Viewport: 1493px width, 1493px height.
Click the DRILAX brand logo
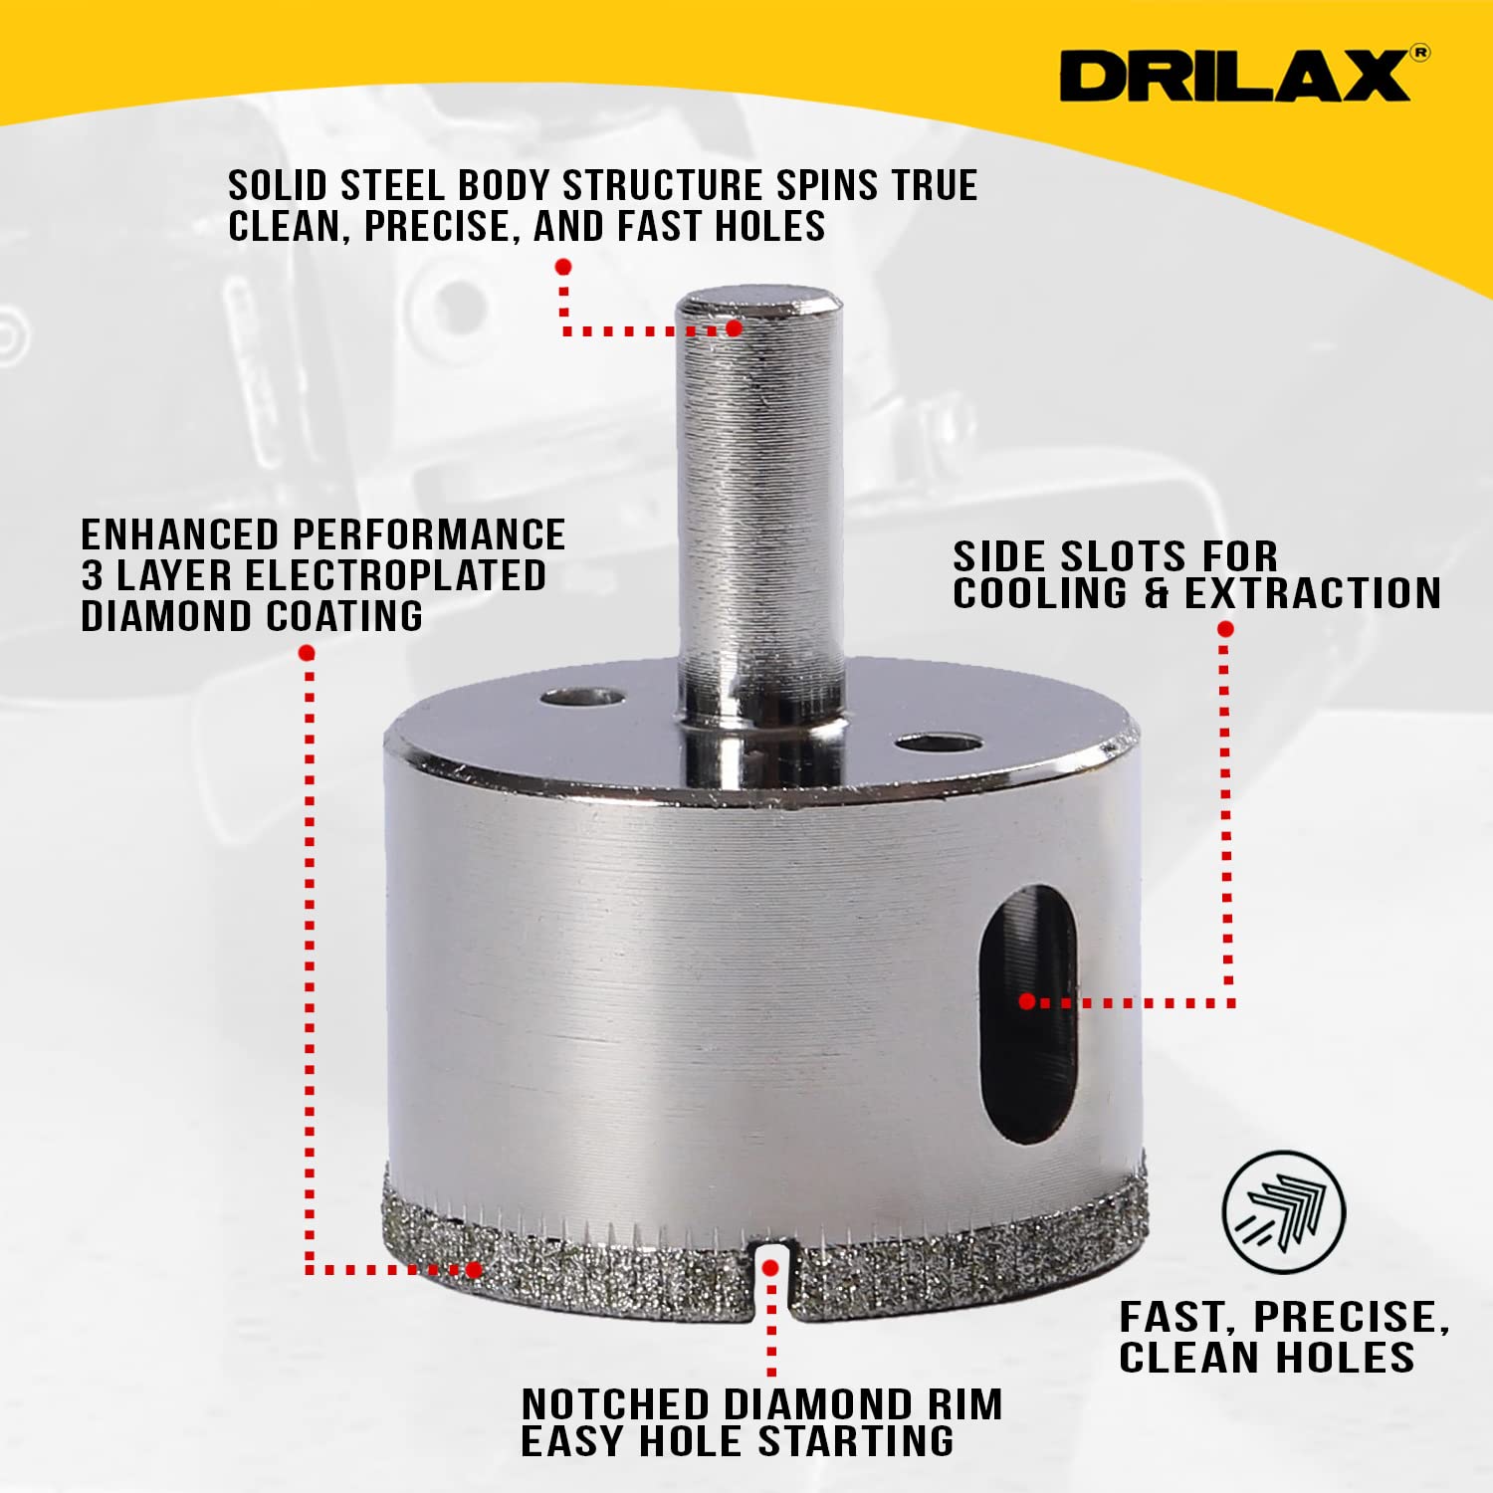click(x=1234, y=76)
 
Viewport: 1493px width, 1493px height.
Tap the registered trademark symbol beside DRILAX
click(x=1420, y=53)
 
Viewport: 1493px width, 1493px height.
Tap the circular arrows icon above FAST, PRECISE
click(x=1283, y=1212)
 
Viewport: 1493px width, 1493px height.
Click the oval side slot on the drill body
click(x=1027, y=1013)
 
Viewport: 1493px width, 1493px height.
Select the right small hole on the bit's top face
click(x=937, y=743)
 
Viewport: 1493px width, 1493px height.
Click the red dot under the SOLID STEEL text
click(x=563, y=267)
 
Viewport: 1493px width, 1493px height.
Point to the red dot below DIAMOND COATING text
click(x=307, y=653)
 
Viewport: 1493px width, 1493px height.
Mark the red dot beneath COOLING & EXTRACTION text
click(x=1225, y=629)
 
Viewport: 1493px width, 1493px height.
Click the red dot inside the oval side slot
click(x=1027, y=1001)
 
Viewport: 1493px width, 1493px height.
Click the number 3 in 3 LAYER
click(x=93, y=576)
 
